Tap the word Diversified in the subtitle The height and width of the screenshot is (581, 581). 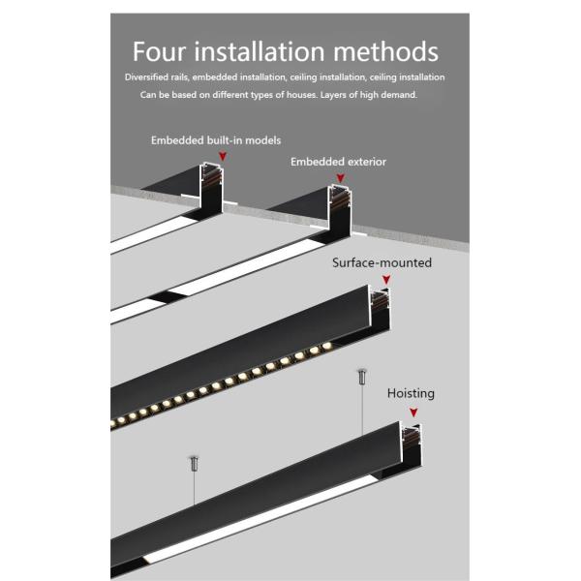click(x=149, y=76)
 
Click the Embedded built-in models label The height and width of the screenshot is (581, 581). click(x=215, y=140)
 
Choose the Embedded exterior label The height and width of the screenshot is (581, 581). click(x=338, y=162)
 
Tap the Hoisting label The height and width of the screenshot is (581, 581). click(x=411, y=393)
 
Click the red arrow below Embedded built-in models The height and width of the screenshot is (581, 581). click(x=223, y=155)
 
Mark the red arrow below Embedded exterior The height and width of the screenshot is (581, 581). click(x=340, y=177)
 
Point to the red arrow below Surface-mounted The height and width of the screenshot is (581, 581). click(x=384, y=279)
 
